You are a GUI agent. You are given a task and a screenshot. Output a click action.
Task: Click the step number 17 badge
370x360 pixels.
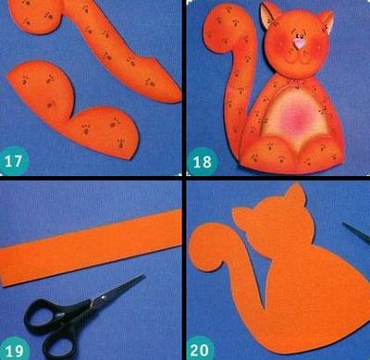[x=14, y=161]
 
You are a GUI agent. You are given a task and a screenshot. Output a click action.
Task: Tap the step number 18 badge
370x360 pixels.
[x=202, y=161]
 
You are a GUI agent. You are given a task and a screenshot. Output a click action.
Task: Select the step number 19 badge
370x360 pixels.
[x=14, y=350]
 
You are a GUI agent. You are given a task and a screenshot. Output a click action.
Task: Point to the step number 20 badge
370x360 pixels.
[x=201, y=349]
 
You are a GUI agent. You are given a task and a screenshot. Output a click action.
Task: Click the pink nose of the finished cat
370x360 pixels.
[x=299, y=43]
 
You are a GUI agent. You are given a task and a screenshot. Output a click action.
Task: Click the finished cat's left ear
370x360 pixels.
[x=268, y=16]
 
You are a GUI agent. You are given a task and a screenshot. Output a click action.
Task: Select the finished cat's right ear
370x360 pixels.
[x=327, y=21]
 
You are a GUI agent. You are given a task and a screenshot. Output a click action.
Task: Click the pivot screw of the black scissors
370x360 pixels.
[x=102, y=298]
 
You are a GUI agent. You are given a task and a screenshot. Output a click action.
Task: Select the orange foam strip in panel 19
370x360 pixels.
[x=91, y=248]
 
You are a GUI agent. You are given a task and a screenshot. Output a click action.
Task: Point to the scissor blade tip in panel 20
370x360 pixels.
[x=344, y=224]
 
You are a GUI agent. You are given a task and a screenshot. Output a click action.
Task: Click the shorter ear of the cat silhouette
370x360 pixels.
[x=241, y=216]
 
